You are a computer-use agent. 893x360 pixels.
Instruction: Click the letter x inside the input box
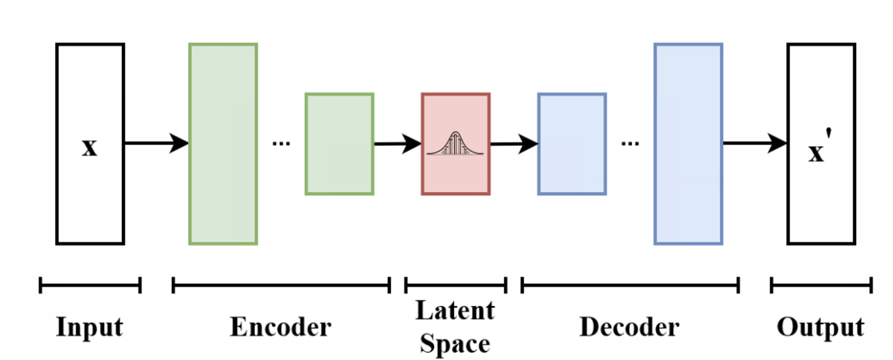click(x=89, y=148)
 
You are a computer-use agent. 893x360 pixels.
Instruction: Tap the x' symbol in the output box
click(x=818, y=151)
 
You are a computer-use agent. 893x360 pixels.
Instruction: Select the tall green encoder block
click(x=223, y=144)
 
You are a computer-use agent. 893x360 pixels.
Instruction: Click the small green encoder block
click(x=339, y=144)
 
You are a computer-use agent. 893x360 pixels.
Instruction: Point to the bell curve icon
click(x=456, y=144)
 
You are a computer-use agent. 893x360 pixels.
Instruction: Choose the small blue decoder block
click(x=572, y=144)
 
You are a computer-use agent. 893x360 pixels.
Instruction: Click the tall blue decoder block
click(x=688, y=144)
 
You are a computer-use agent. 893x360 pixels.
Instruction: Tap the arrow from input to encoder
click(x=156, y=143)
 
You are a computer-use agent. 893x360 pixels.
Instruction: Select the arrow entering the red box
click(x=397, y=144)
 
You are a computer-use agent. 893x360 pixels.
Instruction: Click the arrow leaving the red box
click(x=514, y=144)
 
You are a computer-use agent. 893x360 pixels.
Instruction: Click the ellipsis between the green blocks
click(x=281, y=144)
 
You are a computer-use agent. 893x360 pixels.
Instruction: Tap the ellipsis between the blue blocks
click(x=630, y=144)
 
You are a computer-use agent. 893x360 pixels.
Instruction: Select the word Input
click(x=89, y=328)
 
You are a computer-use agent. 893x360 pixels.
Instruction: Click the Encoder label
click(x=281, y=328)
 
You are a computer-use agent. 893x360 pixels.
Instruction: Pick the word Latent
click(x=455, y=311)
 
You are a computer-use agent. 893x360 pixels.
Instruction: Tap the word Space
click(x=455, y=344)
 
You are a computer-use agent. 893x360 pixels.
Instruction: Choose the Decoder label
click(x=629, y=328)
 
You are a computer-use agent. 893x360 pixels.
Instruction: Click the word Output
click(x=820, y=328)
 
